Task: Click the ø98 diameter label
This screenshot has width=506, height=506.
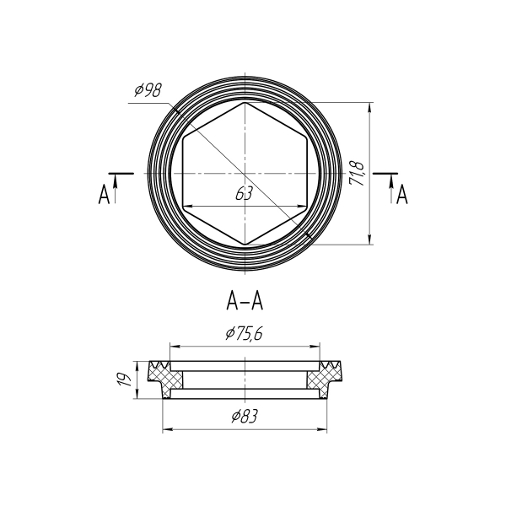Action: [148, 90]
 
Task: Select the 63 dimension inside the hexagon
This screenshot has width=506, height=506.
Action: [244, 194]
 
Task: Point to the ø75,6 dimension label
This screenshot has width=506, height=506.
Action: [245, 334]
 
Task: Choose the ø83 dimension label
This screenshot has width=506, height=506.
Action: [245, 416]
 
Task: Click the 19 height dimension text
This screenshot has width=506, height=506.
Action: [124, 379]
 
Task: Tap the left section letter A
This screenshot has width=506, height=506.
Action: [104, 194]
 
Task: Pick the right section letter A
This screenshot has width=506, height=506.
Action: [401, 194]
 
